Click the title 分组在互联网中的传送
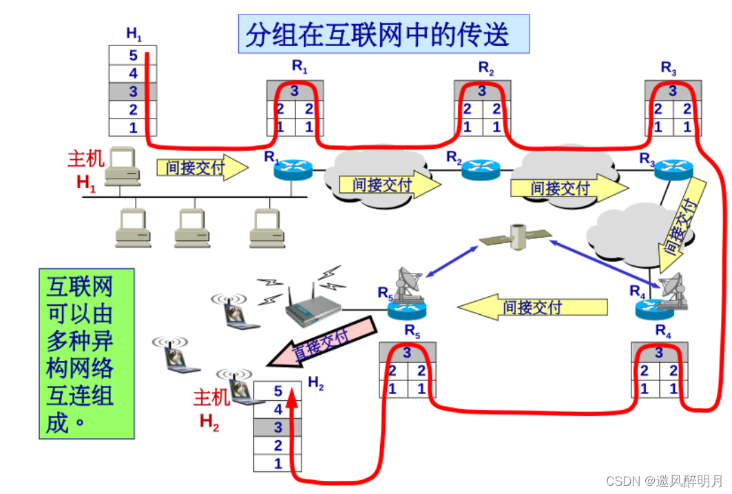(x=384, y=34)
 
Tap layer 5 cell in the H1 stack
(x=133, y=55)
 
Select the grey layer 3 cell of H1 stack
(x=133, y=91)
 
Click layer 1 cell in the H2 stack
(x=278, y=464)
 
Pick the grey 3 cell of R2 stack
(x=481, y=91)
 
